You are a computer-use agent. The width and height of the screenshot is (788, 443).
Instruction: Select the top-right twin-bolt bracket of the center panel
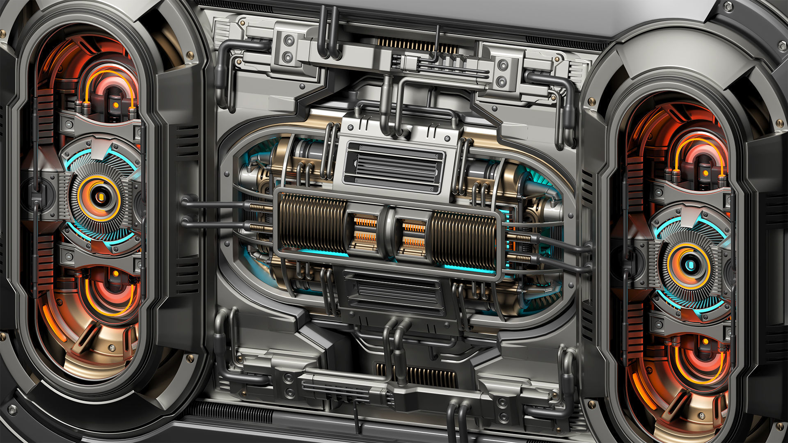[x=502, y=73]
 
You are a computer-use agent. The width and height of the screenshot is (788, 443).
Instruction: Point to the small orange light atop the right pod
[x=705, y=173]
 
